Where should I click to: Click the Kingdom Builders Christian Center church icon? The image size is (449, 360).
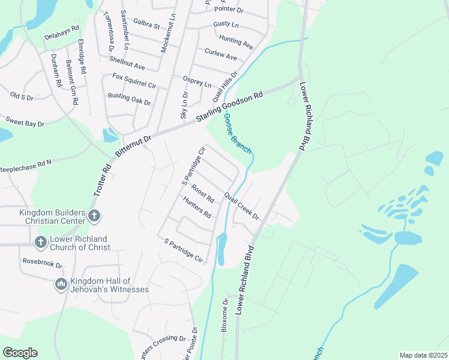(94, 216)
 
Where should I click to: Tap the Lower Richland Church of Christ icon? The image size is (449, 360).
(40, 242)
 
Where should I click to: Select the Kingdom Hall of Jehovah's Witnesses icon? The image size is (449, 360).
(61, 284)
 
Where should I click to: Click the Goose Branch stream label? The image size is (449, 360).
(238, 134)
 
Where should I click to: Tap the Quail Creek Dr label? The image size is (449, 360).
(241, 206)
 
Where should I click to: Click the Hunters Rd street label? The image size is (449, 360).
(197, 208)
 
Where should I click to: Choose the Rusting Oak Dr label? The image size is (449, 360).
(129, 99)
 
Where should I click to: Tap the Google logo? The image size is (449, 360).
(20, 352)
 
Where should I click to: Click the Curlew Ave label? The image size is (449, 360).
(220, 54)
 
